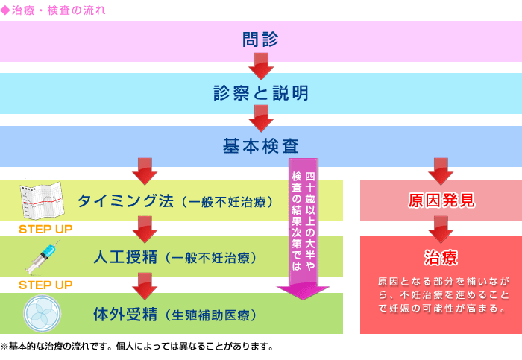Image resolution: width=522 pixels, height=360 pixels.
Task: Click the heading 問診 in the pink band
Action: [x=260, y=40]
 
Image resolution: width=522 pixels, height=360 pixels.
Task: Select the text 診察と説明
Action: [x=261, y=93]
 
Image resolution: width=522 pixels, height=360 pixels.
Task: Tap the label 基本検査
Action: [x=261, y=146]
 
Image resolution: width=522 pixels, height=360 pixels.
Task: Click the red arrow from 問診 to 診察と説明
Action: [x=261, y=66]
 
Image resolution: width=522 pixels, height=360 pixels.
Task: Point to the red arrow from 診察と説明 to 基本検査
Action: [x=261, y=119]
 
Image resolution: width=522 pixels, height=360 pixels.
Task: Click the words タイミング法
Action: [x=125, y=201]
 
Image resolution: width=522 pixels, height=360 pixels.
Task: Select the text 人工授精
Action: [x=125, y=257]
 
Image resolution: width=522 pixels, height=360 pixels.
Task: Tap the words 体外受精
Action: [x=125, y=314]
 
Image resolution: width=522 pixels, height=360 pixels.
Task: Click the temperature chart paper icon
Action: [x=42, y=200]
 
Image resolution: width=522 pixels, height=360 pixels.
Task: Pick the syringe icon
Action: [x=43, y=257]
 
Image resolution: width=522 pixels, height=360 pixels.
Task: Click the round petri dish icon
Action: [x=43, y=313]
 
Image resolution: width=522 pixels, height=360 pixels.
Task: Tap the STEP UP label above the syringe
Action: [x=45, y=229]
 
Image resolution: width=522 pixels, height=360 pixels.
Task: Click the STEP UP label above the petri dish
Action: [x=45, y=285]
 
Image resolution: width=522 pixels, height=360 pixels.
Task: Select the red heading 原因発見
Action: [x=441, y=200]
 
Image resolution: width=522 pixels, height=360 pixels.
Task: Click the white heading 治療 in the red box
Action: [x=441, y=258]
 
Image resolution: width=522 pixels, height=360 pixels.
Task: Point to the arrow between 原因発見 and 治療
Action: [x=441, y=230]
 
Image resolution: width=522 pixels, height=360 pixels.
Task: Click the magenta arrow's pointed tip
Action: [x=303, y=299]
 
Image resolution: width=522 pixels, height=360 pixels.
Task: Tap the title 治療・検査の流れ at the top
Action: [x=59, y=10]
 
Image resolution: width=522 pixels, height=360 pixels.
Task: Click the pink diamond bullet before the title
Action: [x=5, y=10]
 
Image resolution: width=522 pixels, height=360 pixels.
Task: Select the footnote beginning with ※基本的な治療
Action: [x=136, y=347]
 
